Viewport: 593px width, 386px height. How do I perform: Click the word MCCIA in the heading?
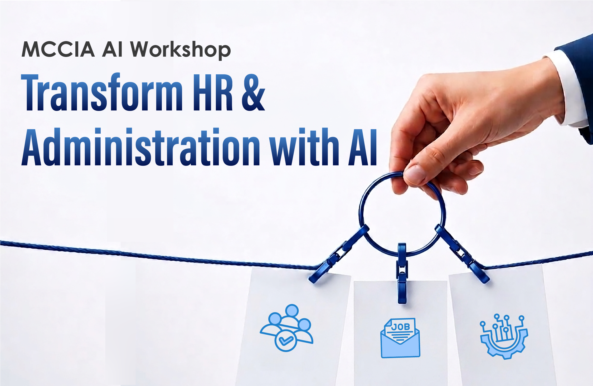(x=58, y=49)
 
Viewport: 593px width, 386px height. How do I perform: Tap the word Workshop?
(x=181, y=50)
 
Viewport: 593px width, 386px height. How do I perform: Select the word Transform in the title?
(x=102, y=92)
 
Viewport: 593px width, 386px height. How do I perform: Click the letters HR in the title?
(x=213, y=92)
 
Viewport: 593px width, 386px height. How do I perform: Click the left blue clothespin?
(x=339, y=254)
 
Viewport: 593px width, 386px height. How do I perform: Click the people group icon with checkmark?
(x=287, y=328)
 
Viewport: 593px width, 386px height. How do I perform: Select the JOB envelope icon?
(x=400, y=338)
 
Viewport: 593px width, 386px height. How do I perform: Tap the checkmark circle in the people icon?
(x=286, y=340)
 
